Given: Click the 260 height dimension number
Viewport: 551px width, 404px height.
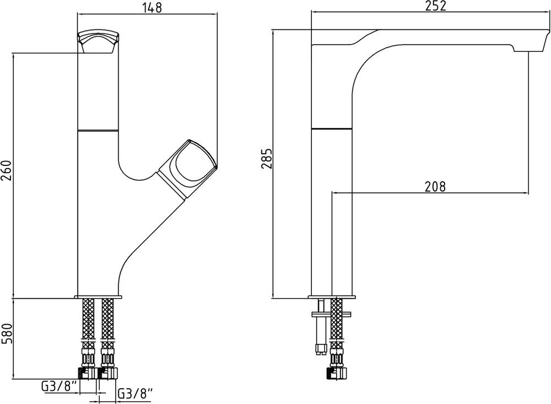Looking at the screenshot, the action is tap(7, 170).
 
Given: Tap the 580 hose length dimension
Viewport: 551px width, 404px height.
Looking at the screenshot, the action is tap(7, 333).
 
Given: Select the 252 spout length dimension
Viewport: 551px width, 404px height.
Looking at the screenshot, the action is tap(436, 6).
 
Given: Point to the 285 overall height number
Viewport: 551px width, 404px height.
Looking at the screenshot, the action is tap(267, 159).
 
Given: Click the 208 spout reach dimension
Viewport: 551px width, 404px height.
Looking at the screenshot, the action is tap(435, 186).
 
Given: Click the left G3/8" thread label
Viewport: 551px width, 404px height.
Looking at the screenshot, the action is tap(60, 387).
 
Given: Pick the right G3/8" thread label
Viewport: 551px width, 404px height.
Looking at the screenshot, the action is tap(136, 393).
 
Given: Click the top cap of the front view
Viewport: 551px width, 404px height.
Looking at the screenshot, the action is tap(99, 42).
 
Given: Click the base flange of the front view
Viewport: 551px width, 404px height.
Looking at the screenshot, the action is tap(98, 297).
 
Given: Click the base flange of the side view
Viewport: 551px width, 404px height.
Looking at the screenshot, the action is tap(332, 297).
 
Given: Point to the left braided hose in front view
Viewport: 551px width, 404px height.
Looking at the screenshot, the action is tap(88, 320).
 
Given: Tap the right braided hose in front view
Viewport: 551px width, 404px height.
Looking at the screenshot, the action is tap(107, 320).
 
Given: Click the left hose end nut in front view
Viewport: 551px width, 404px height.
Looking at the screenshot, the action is tap(87, 373).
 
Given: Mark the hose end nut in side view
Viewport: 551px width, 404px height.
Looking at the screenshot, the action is tap(337, 373).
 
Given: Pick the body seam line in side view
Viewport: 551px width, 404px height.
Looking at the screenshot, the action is tap(332, 130).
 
